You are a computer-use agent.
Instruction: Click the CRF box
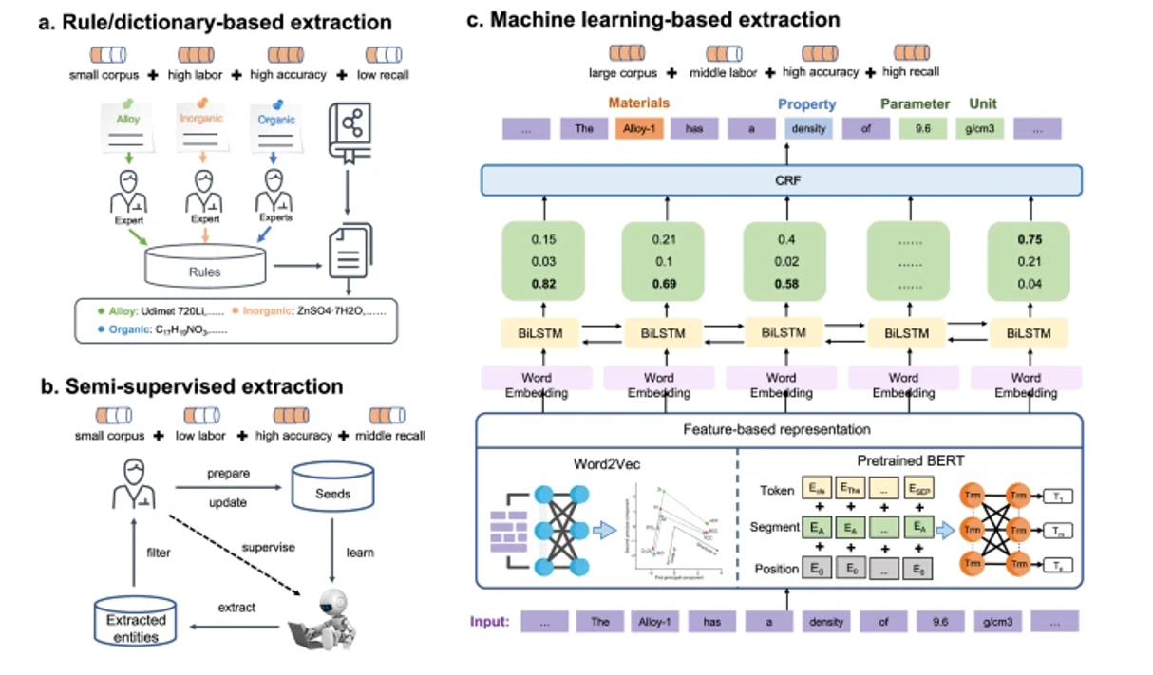pyautogui.click(x=782, y=180)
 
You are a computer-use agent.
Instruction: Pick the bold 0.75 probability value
pyautogui.click(x=1025, y=240)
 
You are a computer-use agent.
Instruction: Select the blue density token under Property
pyautogui.click(x=807, y=128)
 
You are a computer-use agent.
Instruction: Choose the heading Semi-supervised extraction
pyautogui.click(x=191, y=386)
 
